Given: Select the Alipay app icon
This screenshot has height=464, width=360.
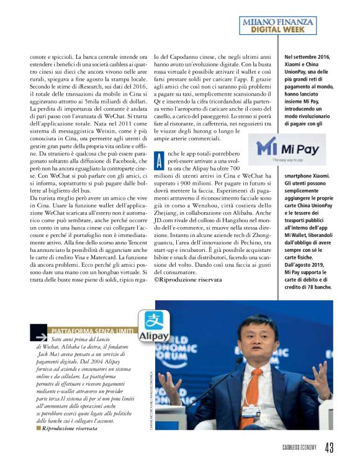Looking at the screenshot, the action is coord(153,326).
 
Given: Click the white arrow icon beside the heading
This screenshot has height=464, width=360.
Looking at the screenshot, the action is coord(40,335).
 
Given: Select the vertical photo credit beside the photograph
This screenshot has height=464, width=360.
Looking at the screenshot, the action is coord(151,404).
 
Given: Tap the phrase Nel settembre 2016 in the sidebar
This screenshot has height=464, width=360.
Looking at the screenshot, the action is coord(307,58).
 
